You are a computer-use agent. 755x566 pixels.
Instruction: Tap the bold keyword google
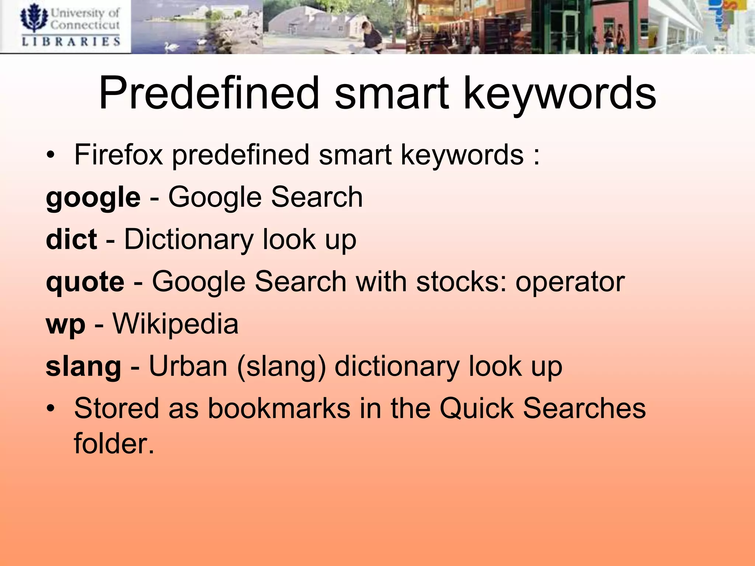pyautogui.click(x=93, y=198)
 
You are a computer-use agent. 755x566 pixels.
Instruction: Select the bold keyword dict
pyautogui.click(x=71, y=240)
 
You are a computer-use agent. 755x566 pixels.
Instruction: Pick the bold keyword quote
pyautogui.click(x=85, y=282)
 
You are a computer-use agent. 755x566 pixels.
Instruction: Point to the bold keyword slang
pyautogui.click(x=83, y=367)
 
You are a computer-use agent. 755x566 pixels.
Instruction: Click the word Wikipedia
pyautogui.click(x=175, y=324)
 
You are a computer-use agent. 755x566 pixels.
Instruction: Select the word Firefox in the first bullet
pyautogui.click(x=118, y=155)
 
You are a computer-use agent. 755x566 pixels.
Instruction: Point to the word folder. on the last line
pyautogui.click(x=114, y=443)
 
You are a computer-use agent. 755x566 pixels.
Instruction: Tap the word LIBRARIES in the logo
pyautogui.click(x=71, y=41)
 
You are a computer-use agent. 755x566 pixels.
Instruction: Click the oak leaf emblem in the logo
pyautogui.click(x=34, y=18)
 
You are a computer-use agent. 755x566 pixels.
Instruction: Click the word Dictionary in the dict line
pyautogui.click(x=188, y=240)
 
